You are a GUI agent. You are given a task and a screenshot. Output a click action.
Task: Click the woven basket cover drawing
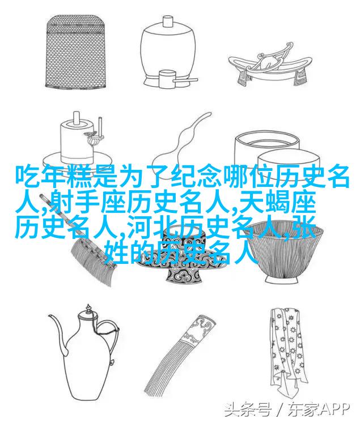pyautogui.click(x=75, y=52)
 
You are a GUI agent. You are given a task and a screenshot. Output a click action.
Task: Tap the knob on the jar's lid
pyautogui.click(x=168, y=21)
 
